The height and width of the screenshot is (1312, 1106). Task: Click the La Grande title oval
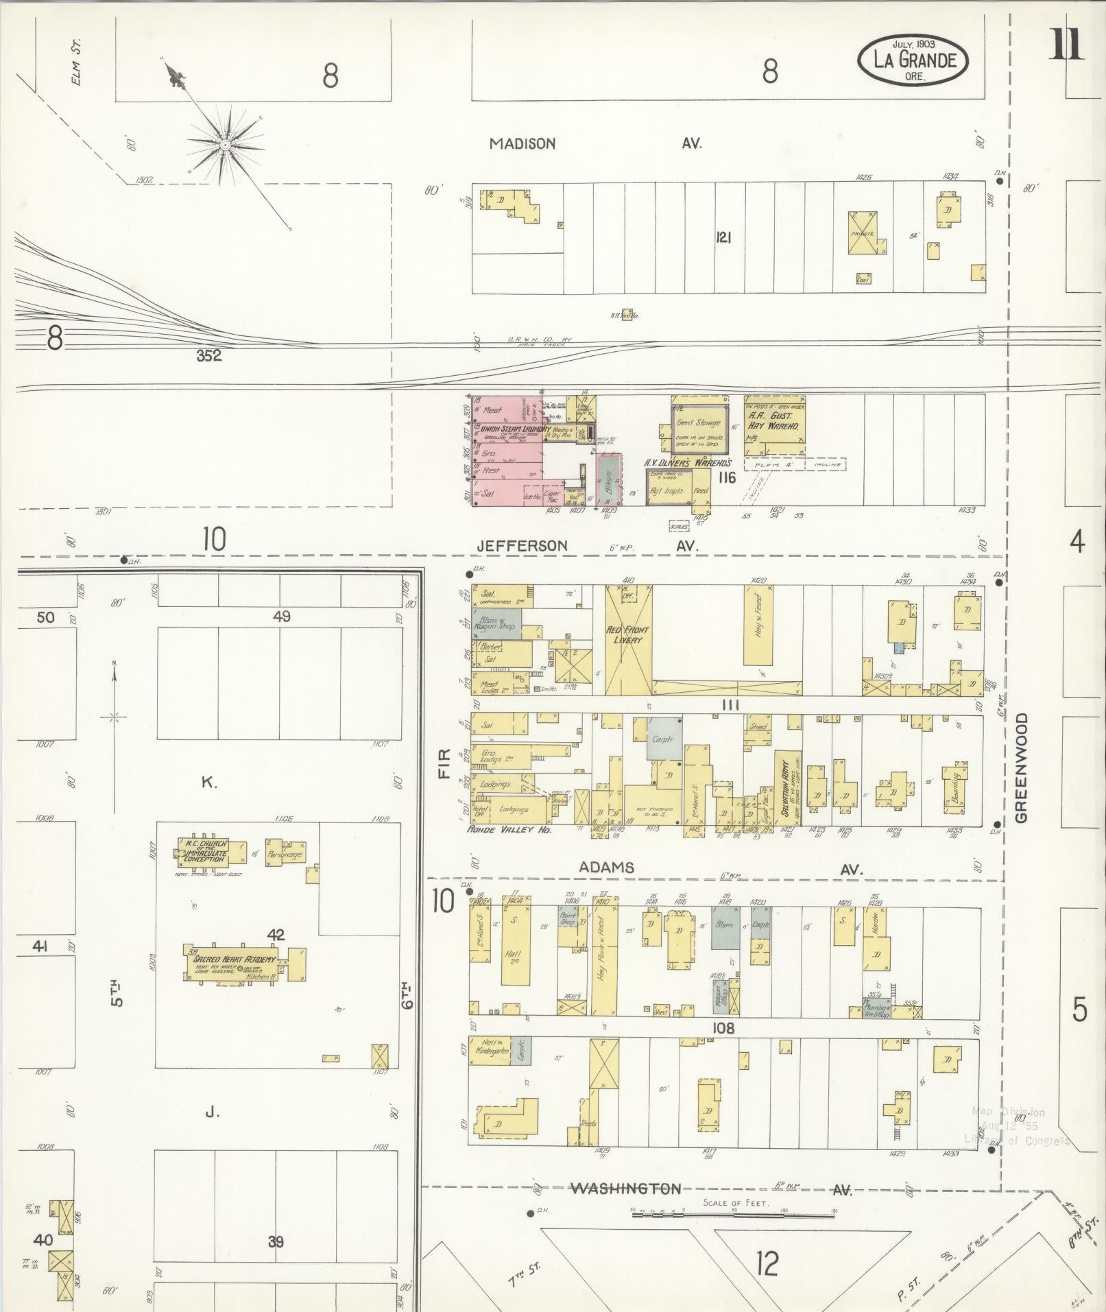click(x=913, y=60)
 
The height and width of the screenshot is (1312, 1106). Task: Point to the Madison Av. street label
click(x=522, y=144)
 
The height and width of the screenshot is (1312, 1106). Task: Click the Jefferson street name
click(x=522, y=546)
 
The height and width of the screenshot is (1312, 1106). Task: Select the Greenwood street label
click(x=1022, y=767)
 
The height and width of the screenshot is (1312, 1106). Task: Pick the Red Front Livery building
click(x=627, y=634)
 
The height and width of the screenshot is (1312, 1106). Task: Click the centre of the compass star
click(x=225, y=145)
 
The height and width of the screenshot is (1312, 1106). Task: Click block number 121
click(x=723, y=237)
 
